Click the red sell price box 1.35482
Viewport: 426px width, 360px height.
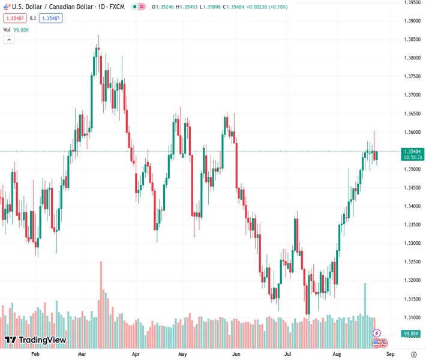[x=15, y=18]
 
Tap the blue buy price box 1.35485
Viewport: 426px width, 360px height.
[x=51, y=18]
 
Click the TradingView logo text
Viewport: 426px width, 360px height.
[x=42, y=340]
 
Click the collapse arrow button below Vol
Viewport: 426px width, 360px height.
[x=9, y=40]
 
